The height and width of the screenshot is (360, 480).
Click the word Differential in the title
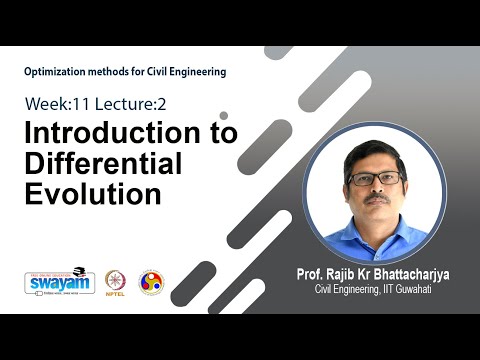(x=103, y=163)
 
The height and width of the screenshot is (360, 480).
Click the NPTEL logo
(x=113, y=283)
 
